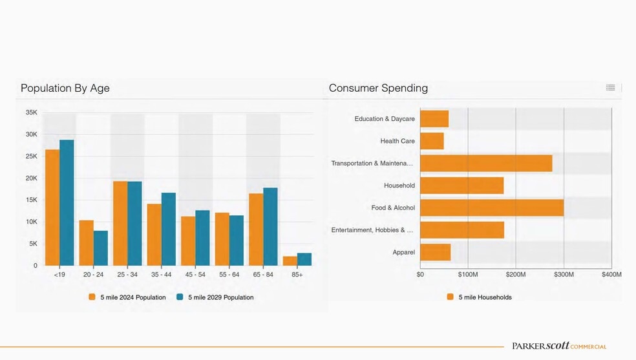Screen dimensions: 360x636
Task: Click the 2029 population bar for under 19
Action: pos(67,202)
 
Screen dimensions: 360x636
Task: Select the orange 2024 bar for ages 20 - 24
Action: pos(86,243)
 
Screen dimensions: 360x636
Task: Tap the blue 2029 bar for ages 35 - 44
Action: pos(168,229)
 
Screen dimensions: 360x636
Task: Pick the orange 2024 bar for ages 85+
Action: pos(290,261)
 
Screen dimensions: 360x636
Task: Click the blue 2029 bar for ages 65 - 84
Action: pos(270,226)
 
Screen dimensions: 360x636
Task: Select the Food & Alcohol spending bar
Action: pos(491,207)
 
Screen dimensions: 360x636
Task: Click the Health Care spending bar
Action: pos(432,141)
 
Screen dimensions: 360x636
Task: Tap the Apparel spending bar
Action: pos(435,252)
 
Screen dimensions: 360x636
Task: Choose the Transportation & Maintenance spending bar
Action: pos(485,163)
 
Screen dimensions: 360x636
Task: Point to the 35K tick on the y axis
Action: pos(31,112)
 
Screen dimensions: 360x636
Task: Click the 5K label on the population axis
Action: pos(32,244)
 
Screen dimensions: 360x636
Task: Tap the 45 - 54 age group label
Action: pos(195,275)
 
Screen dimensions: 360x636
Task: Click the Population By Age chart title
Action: pos(65,88)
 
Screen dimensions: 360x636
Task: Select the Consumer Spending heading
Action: pos(378,88)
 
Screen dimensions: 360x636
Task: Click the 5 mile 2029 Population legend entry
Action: pos(215,297)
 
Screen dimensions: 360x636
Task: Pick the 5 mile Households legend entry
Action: pos(479,297)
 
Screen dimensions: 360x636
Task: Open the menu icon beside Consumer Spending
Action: pos(610,87)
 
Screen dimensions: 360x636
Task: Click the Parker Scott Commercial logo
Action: pos(559,346)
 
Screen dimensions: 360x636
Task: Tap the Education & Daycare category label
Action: pos(385,119)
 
